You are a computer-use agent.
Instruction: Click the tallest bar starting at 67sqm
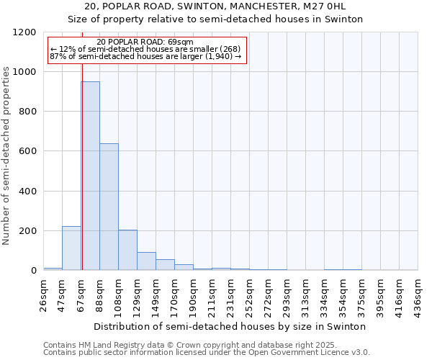[x=90, y=176]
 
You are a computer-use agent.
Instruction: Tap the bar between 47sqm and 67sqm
[x=71, y=248]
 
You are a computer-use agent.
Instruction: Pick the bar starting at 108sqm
[x=127, y=250]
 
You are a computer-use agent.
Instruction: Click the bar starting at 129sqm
[x=146, y=261]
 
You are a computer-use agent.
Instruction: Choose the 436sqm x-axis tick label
[x=418, y=292]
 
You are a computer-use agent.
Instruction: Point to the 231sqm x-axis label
[x=231, y=292]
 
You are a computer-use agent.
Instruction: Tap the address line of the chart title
[x=216, y=6]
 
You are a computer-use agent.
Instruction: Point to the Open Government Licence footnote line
[x=207, y=353]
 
